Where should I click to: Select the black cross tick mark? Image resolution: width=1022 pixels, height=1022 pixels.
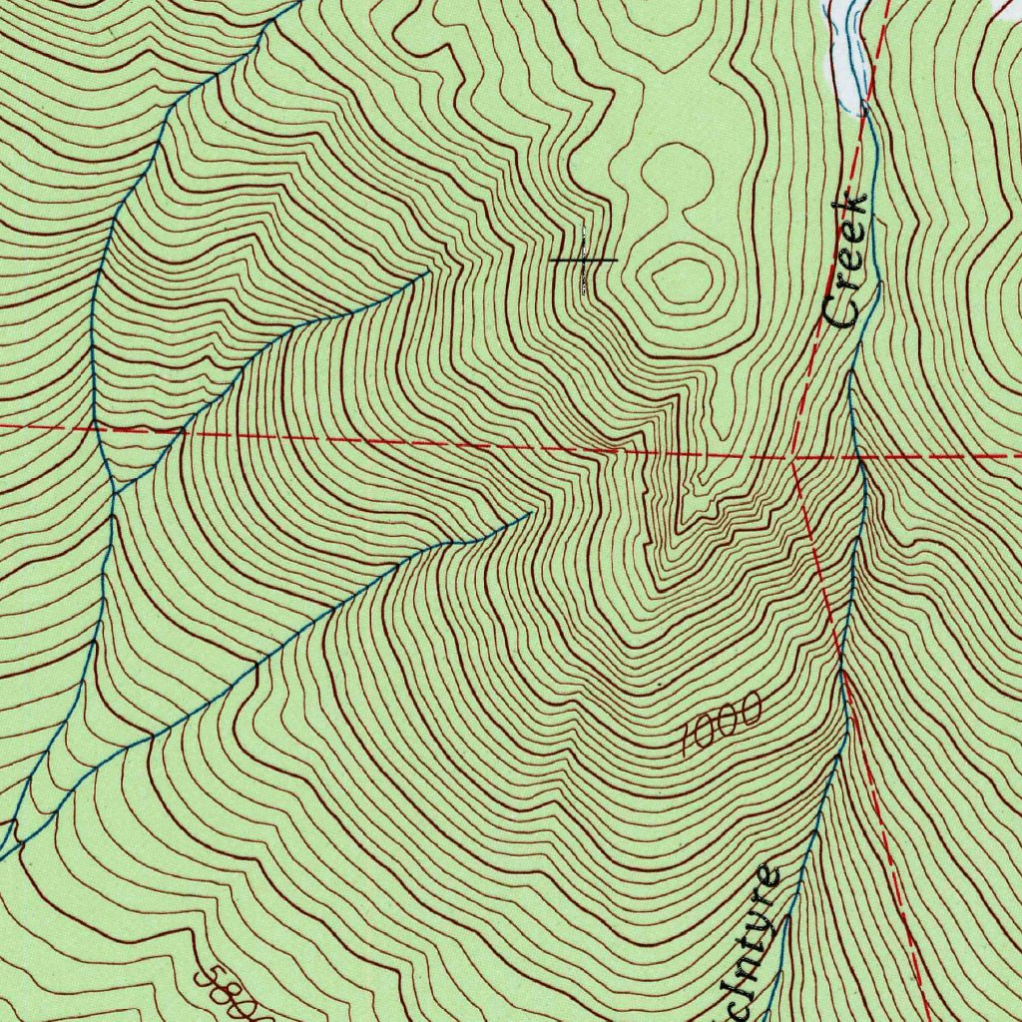(x=584, y=260)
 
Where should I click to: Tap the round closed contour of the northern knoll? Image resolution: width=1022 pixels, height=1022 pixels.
(x=678, y=174)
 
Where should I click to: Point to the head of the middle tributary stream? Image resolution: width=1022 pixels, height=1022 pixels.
(x=530, y=513)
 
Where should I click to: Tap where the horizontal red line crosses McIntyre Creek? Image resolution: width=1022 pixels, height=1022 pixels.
(x=858, y=458)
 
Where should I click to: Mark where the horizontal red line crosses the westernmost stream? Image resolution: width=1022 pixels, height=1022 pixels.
(x=96, y=429)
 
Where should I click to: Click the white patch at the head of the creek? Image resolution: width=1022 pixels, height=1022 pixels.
(x=844, y=55)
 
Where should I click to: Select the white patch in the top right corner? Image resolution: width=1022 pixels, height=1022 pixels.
(x=1008, y=8)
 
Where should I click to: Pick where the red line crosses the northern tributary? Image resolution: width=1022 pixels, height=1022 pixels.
(x=180, y=435)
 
